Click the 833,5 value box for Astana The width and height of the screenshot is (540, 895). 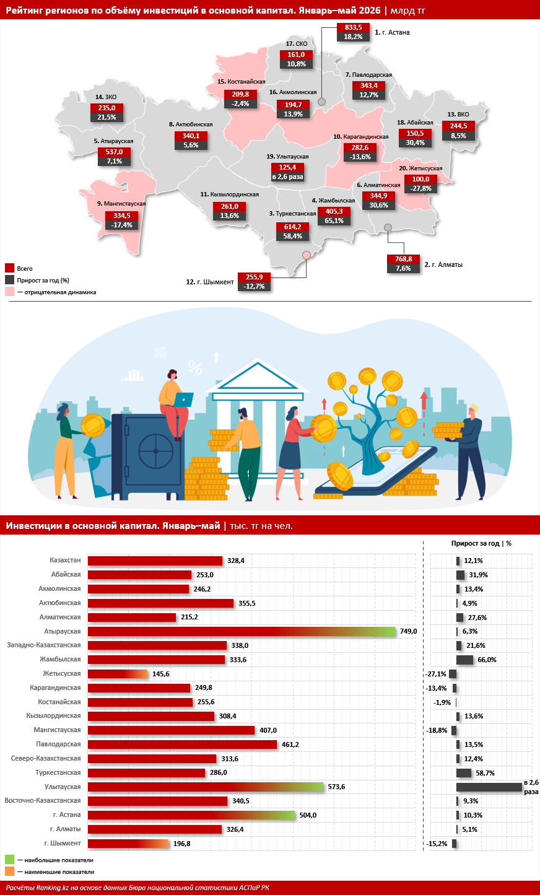click(353, 27)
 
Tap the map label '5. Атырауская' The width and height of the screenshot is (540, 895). click(113, 141)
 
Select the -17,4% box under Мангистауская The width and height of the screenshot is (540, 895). click(122, 225)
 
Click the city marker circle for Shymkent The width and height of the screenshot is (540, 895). click(307, 255)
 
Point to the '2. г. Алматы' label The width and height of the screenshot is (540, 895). click(443, 264)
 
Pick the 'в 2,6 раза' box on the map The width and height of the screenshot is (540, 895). click(287, 177)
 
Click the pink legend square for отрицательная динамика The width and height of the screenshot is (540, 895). click(9, 292)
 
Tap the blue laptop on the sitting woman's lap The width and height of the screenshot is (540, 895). click(184, 399)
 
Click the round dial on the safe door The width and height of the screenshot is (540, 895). click(156, 451)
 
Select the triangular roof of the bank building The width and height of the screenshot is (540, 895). click(258, 376)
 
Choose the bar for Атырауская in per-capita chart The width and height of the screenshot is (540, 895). click(242, 631)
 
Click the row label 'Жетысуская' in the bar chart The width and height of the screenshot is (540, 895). click(61, 674)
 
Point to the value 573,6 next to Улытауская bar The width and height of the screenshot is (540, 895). click(336, 787)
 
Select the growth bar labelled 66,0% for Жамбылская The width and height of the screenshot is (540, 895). click(465, 660)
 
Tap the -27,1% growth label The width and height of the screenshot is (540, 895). click(436, 674)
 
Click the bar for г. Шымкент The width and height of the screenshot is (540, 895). click(128, 844)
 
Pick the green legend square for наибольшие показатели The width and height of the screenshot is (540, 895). click(9, 859)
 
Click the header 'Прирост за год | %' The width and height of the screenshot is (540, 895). click(481, 543)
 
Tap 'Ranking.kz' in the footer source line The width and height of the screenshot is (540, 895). click(52, 888)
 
